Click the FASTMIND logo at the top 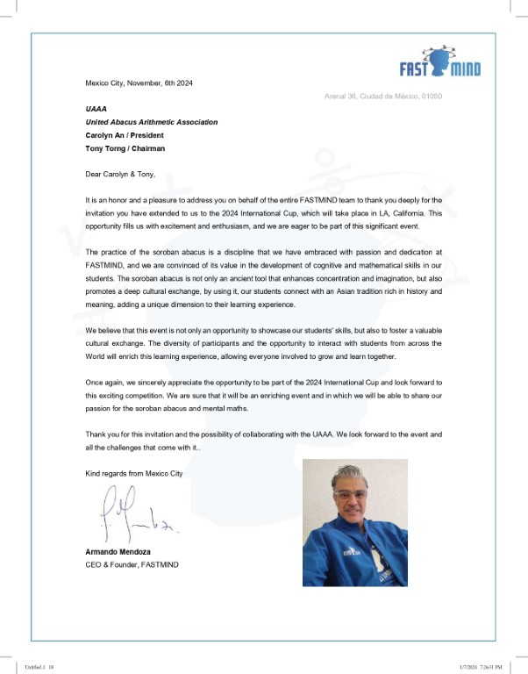439,62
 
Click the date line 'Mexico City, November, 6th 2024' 139,82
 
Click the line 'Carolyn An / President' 124,135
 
